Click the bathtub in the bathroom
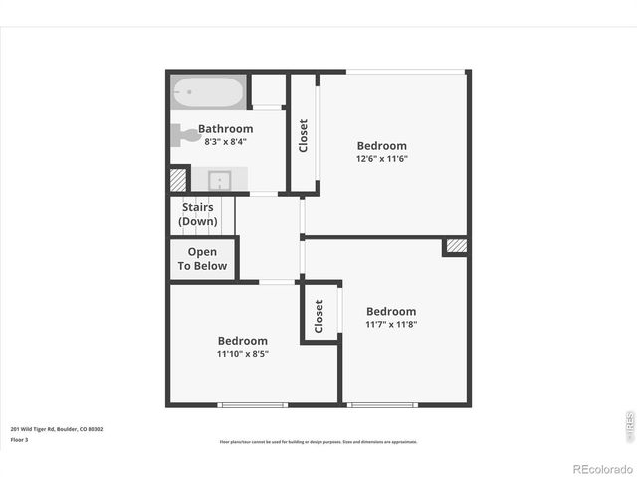pyautogui.click(x=208, y=92)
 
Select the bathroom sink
pyautogui.click(x=221, y=180)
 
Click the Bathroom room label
pyautogui.click(x=225, y=128)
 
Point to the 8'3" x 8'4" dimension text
pyautogui.click(x=225, y=142)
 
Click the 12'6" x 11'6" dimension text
pyautogui.click(x=382, y=158)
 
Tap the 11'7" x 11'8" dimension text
pyautogui.click(x=390, y=324)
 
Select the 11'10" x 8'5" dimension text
pyautogui.click(x=243, y=353)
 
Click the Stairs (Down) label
pyautogui.click(x=198, y=214)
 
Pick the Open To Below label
pyautogui.click(x=202, y=259)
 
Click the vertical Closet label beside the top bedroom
pyautogui.click(x=303, y=135)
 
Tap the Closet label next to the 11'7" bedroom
pyautogui.click(x=319, y=316)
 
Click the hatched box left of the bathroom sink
pyautogui.click(x=178, y=179)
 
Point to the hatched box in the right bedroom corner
pyautogui.click(x=456, y=245)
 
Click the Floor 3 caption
pyautogui.click(x=20, y=439)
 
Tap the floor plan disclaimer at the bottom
pyautogui.click(x=318, y=442)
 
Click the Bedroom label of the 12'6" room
pyautogui.click(x=382, y=145)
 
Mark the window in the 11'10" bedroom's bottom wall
pyautogui.click(x=253, y=404)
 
